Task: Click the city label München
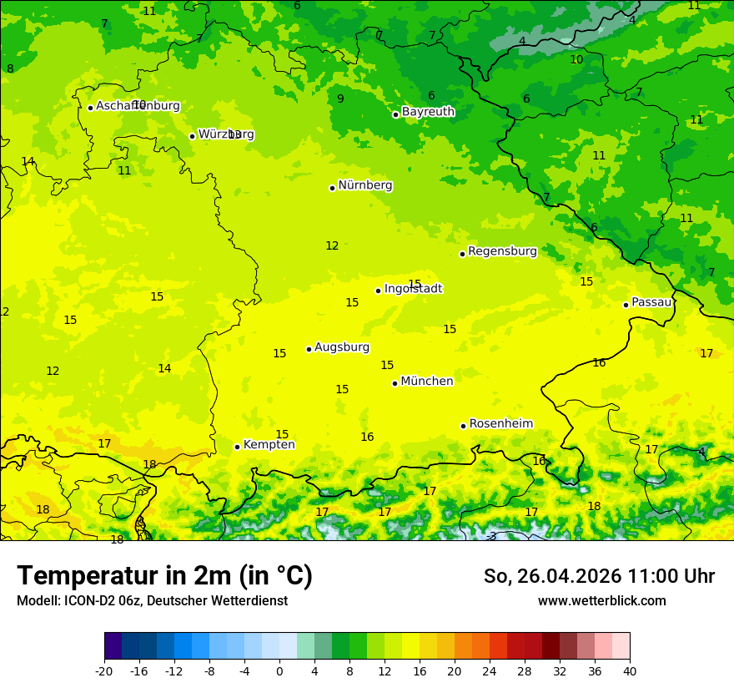[x=426, y=382]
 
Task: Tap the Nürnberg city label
[x=364, y=185]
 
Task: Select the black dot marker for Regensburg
[x=462, y=254]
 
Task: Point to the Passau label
[x=651, y=302]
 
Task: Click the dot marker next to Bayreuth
[x=395, y=114]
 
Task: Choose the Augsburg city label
[x=341, y=347]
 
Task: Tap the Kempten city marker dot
[x=237, y=447]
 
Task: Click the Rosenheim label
[x=500, y=424]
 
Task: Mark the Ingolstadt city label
[x=413, y=289]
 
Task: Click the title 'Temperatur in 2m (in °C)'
[x=164, y=576]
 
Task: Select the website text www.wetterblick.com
[x=601, y=601]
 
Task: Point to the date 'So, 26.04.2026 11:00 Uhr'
[x=599, y=576]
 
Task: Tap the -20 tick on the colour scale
[x=104, y=671]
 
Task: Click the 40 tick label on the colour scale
[x=629, y=671]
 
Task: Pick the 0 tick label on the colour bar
[x=279, y=671]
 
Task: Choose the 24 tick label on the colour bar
[x=489, y=671]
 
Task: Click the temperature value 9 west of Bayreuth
[x=340, y=99]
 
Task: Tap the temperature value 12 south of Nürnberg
[x=332, y=245]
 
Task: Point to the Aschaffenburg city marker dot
[x=90, y=108]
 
